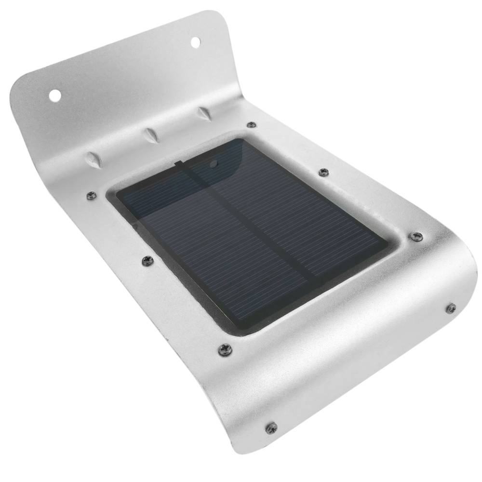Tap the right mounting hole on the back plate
[196, 42]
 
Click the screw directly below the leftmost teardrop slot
[90, 195]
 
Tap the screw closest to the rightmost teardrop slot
[251, 125]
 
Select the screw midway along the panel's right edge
[323, 172]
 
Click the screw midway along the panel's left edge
[147, 261]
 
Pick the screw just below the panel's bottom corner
[225, 348]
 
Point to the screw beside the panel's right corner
[417, 236]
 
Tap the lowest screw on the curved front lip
[271, 427]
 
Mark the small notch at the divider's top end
[178, 164]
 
